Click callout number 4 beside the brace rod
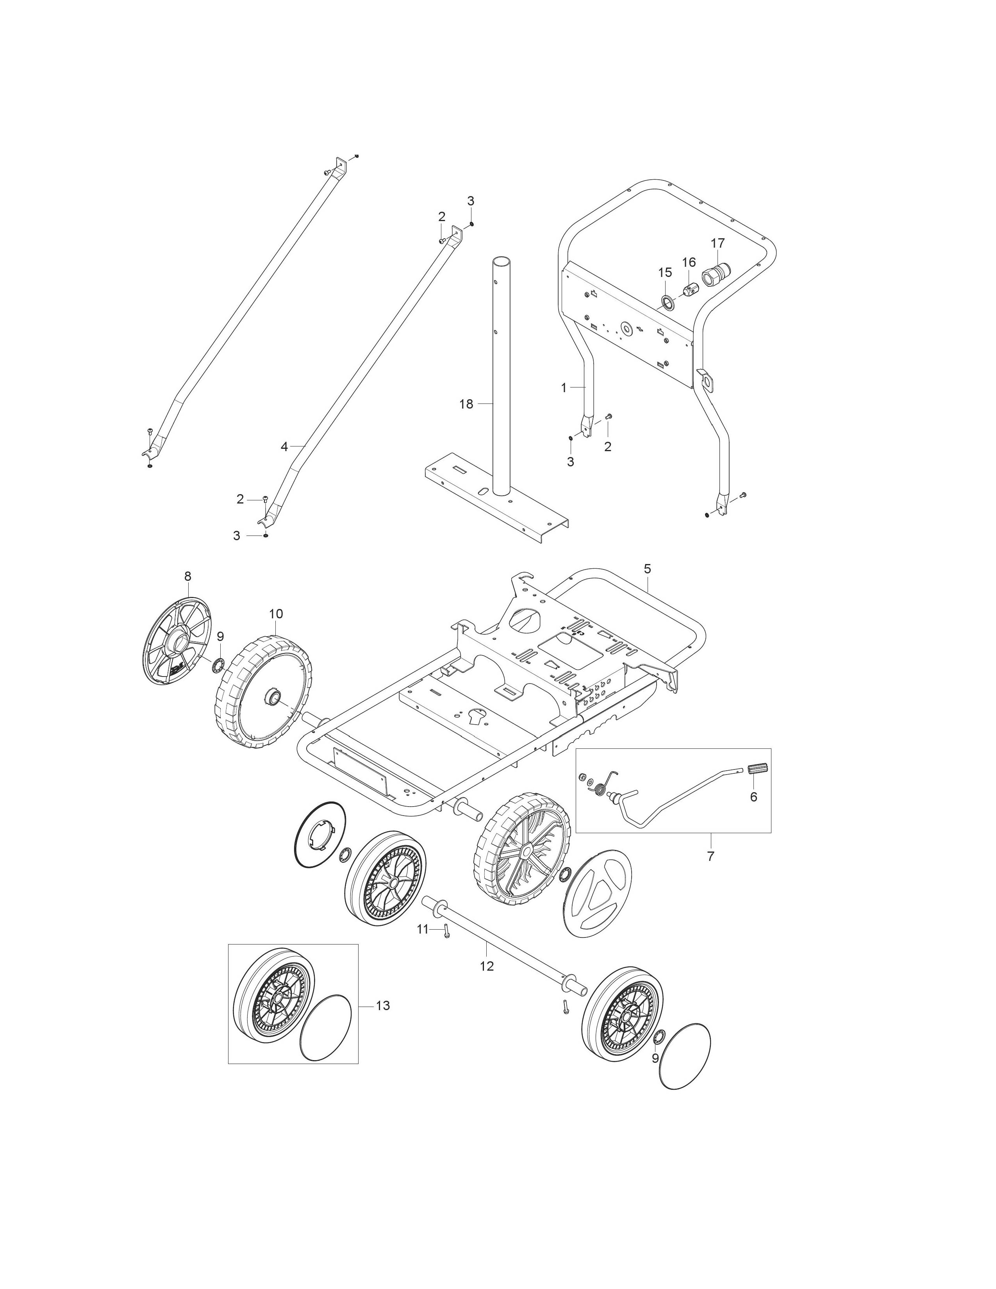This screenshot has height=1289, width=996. (284, 447)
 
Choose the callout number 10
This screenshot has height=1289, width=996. (276, 614)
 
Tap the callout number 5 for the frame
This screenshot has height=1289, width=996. (647, 569)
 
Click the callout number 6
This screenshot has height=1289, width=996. (753, 797)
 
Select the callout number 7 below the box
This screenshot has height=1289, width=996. (710, 856)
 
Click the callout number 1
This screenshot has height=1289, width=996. (564, 388)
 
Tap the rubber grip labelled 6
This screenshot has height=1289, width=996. (756, 769)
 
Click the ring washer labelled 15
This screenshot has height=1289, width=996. (668, 304)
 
